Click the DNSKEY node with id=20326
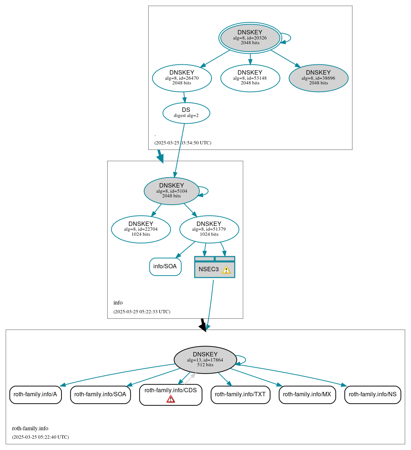[x=250, y=38]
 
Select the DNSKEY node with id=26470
[x=182, y=78]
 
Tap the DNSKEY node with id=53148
[x=250, y=78]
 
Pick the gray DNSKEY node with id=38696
[x=318, y=78]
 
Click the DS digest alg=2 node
[x=186, y=113]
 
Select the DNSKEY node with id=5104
[x=171, y=191]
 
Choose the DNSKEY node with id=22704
[x=141, y=229]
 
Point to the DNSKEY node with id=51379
[x=209, y=229]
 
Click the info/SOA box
[x=165, y=266]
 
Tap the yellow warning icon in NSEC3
[x=227, y=270]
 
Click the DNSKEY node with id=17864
[x=205, y=360]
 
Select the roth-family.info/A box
[x=35, y=394]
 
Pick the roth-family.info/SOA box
[x=100, y=394]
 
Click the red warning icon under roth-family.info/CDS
[x=171, y=399]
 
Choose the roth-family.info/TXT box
[x=240, y=394]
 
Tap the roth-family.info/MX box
[x=307, y=394]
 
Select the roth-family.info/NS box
[x=373, y=394]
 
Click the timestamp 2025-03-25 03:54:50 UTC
[x=183, y=143]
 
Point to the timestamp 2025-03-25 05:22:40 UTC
[x=40, y=437]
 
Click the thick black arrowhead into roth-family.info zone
[x=203, y=327]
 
